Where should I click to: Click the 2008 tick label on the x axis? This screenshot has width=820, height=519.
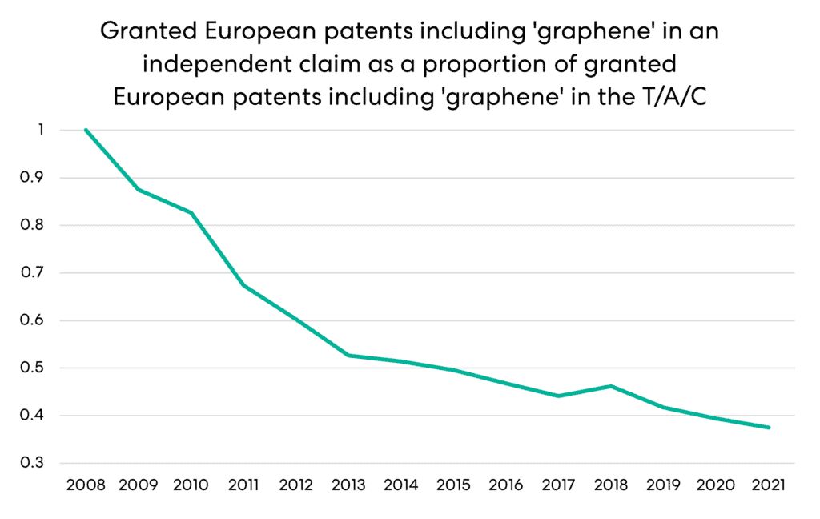coord(85,485)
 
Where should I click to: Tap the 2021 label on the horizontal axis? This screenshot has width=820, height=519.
coord(769,485)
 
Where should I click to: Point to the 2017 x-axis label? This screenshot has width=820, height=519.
coord(559,485)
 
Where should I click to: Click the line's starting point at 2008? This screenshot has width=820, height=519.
coord(85,130)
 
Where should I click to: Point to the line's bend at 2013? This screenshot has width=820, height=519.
coord(348,355)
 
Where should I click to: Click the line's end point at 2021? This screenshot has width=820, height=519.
coord(769,428)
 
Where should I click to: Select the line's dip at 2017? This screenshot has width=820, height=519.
coord(559,396)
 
